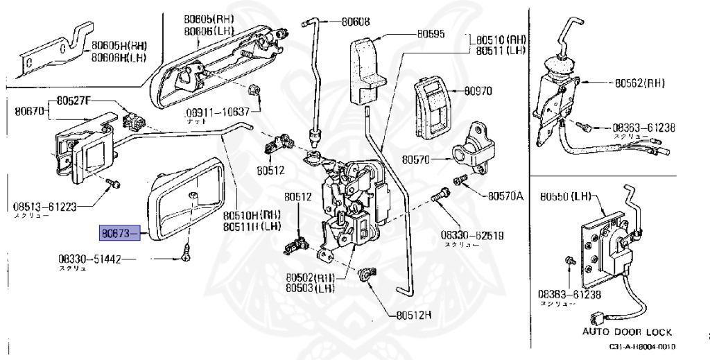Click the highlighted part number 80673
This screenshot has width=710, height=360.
pos(116,234)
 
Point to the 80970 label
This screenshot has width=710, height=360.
pos(478,91)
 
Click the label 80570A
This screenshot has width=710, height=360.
pos(505,196)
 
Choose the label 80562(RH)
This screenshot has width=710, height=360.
pos(639,83)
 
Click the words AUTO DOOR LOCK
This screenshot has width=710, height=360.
pos(627,332)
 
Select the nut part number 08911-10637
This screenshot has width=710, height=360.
pos(217,112)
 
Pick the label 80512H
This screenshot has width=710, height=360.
pos(414,314)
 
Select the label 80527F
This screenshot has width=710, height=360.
pos(73,101)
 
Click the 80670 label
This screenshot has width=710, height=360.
pos(27,110)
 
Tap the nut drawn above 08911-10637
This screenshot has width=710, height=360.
pos(254,90)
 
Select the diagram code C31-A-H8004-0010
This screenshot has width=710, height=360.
pos(642,347)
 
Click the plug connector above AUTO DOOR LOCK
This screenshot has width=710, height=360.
pos(595,320)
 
